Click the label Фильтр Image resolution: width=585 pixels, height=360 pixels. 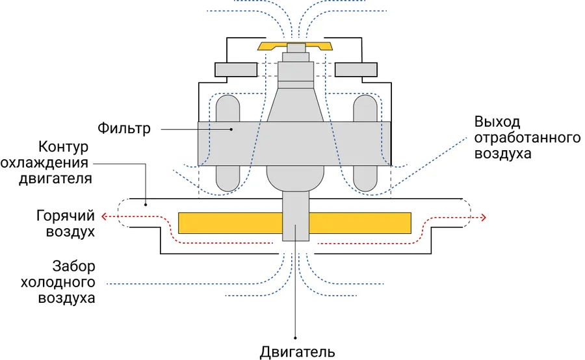pos(124,128)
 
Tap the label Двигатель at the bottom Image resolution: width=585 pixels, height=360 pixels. pos(297,352)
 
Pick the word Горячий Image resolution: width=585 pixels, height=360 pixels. pos(65,215)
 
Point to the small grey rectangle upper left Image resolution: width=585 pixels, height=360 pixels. pos(235,68)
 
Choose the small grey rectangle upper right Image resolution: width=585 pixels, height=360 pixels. pos(356,68)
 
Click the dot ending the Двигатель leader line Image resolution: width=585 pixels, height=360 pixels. pos(296,337)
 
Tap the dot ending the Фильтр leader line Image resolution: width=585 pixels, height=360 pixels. pos(231,129)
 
